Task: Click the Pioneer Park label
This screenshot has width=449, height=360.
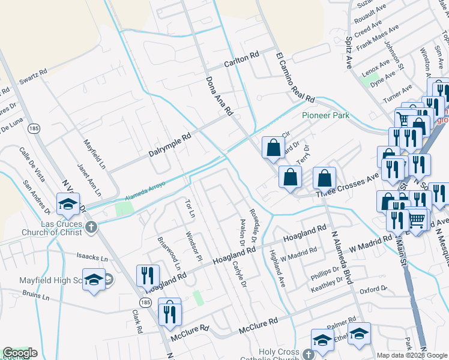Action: pyautogui.click(x=325, y=115)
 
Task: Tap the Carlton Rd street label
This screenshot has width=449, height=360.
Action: pyautogui.click(x=241, y=58)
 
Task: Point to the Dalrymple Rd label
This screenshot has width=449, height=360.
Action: pyautogui.click(x=169, y=145)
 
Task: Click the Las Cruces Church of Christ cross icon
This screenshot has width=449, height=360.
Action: pyautogui.click(x=91, y=227)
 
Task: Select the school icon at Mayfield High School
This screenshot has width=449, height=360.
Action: pyautogui.click(x=94, y=280)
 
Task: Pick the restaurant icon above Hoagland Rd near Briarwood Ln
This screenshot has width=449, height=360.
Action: pyautogui.click(x=148, y=276)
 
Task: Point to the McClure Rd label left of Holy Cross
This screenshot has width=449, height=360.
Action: pyautogui.click(x=258, y=327)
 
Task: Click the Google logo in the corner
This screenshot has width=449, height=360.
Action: pyautogui.click(x=20, y=353)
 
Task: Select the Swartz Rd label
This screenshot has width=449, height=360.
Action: pyautogui.click(x=33, y=77)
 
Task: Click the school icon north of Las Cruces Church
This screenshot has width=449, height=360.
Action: pyautogui.click(x=68, y=205)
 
